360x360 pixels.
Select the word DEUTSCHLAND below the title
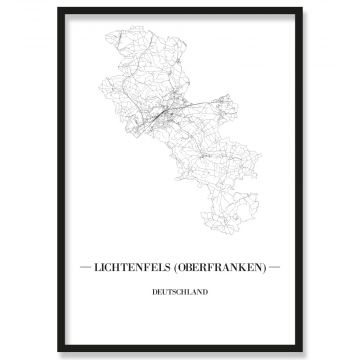click(180, 293)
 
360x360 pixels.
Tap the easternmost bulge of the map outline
click(262, 160)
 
